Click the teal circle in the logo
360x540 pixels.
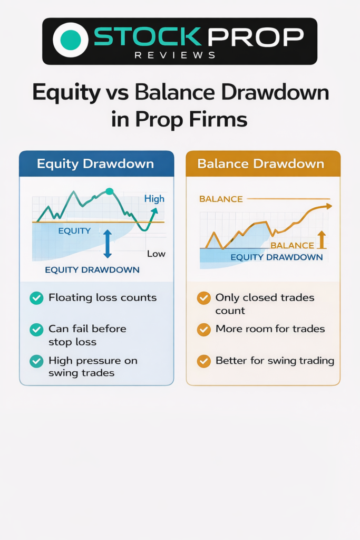coord(71,40)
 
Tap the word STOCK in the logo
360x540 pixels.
coord(147,36)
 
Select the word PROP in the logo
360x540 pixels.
coord(256,36)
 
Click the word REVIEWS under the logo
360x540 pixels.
coord(175,55)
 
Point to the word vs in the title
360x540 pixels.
coord(117,92)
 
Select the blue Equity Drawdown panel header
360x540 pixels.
coord(96,163)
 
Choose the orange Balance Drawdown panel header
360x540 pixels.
coord(263,163)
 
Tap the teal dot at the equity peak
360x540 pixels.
coord(109,191)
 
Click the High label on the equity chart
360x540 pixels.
coord(154,199)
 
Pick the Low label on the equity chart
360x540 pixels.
coord(156,254)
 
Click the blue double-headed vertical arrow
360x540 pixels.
coord(108,244)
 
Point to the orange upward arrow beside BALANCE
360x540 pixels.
coord(322,240)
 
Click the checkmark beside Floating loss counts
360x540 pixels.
coord(36,298)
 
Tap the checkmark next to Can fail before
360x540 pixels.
coord(36,330)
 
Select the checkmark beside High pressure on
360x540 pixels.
coord(36,361)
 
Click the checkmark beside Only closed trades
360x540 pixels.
coord(204,298)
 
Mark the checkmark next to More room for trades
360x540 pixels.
coord(204,330)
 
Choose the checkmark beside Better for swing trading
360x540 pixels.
coord(204,361)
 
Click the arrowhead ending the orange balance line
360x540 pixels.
coord(329,206)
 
